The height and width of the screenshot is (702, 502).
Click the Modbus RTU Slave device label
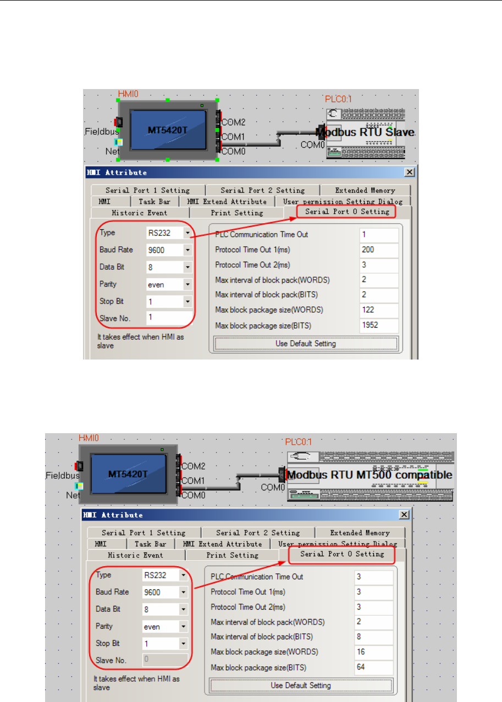point(366,133)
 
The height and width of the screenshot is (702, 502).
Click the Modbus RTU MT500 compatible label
point(369,475)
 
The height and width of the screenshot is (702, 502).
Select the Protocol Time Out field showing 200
point(379,250)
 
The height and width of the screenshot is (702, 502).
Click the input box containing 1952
point(379,325)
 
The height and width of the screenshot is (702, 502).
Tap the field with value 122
point(379,310)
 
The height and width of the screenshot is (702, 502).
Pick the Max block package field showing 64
point(374,668)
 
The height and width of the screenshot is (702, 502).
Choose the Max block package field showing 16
point(374,653)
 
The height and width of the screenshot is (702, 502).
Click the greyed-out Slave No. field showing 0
point(165,660)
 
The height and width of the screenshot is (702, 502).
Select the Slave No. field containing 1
point(169,318)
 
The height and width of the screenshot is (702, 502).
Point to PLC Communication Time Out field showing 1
point(379,235)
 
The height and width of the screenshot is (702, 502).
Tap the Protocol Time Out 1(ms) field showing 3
point(374,592)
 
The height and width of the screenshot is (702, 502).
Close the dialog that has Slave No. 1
point(409,173)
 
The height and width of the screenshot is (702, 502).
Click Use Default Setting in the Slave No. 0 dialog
point(301,686)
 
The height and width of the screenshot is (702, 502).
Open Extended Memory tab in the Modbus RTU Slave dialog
point(365,190)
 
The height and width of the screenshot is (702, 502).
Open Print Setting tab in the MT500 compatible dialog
point(232,555)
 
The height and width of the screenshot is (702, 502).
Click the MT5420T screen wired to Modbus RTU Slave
point(168,130)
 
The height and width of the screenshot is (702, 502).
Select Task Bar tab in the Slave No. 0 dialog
point(151,544)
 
